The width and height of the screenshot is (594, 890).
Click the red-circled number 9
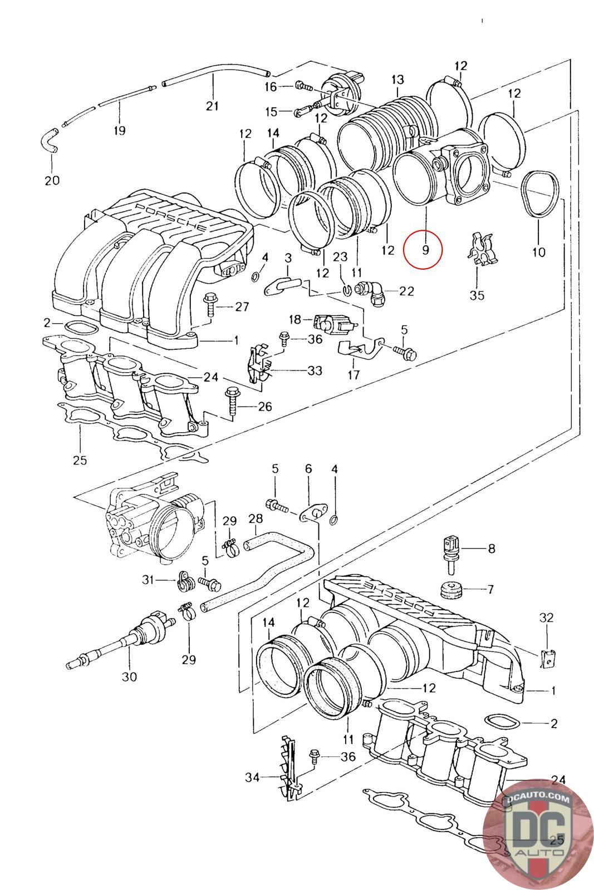point(425,250)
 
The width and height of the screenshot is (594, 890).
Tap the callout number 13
point(397,80)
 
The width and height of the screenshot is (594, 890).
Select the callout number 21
point(212,106)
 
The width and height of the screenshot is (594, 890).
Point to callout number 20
point(52,180)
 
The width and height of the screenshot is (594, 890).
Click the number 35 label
point(477,295)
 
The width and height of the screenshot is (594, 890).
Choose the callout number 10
point(539,252)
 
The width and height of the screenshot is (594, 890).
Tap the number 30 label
point(129,676)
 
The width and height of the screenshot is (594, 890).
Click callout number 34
point(253,777)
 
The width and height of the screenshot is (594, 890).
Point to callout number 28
point(256,518)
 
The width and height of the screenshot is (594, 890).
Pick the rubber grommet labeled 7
point(451,589)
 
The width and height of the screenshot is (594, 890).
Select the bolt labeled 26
point(232,403)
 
